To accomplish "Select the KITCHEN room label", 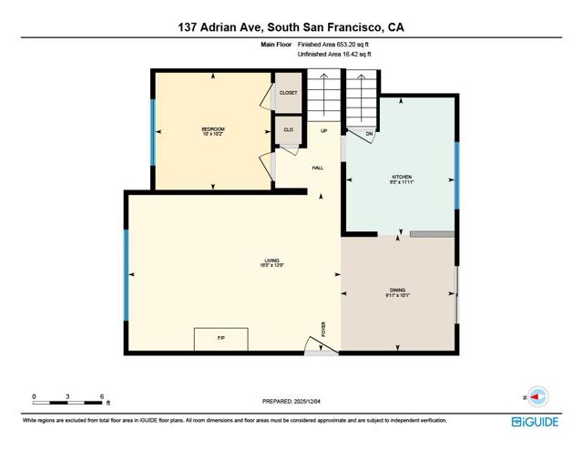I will click(402, 179).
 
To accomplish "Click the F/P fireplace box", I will click(220, 339).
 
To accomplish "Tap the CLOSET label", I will click(288, 93).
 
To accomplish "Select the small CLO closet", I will click(288, 130).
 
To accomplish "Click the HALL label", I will click(318, 168).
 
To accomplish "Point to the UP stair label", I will click(323, 131).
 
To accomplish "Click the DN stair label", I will click(369, 134).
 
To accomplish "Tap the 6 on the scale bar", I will click(102, 396).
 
